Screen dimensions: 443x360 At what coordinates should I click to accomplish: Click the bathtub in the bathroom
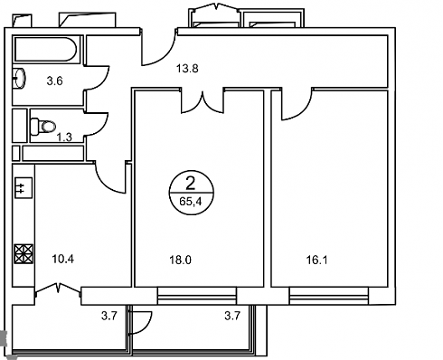coord(46,50)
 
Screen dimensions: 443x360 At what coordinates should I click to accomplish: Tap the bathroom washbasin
coord(20,79)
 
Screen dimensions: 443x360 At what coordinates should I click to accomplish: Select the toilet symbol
coord(43,127)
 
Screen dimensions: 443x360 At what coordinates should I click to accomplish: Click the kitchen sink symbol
coord(24,188)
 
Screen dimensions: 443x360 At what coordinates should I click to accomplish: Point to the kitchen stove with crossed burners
coord(24,254)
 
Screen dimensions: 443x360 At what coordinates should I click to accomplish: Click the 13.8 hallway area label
coord(187,69)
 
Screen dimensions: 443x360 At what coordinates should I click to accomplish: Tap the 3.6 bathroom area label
coord(54,81)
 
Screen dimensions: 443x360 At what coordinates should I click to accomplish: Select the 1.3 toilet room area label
coord(64,137)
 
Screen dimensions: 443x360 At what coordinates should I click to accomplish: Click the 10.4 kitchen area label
coord(62,259)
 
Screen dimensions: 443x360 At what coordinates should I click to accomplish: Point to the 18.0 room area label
coord(180,260)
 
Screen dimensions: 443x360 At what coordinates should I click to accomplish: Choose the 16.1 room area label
coord(316,260)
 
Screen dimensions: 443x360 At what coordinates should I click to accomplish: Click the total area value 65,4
coord(190,202)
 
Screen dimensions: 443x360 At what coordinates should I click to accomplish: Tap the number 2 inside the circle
coord(190,183)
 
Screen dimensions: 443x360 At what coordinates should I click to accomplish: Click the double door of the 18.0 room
coord(203,102)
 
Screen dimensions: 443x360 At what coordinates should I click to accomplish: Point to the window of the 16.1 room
coord(329,296)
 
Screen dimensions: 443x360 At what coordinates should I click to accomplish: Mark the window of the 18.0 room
coord(197,296)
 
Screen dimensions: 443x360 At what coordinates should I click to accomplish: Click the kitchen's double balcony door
coord(58,289)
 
